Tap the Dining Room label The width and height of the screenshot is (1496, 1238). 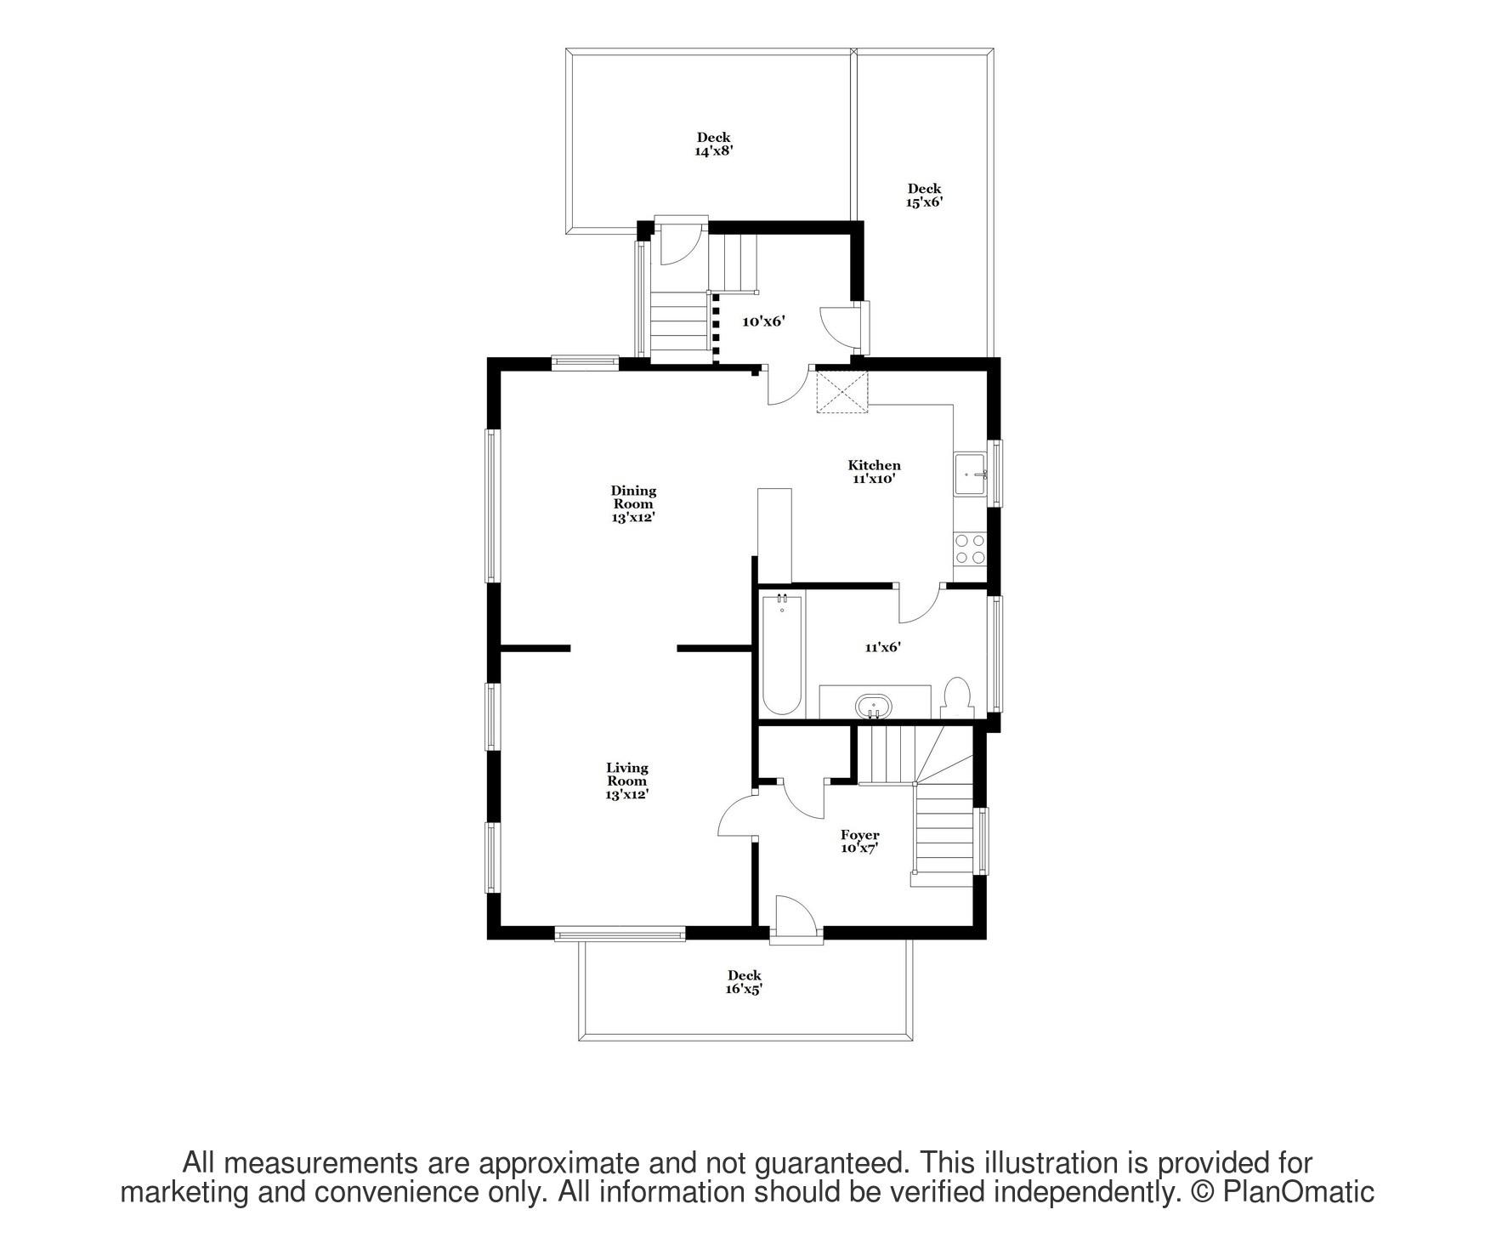pos(633,503)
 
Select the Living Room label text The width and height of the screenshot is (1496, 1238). pos(627,781)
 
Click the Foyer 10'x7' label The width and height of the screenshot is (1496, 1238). pos(859,841)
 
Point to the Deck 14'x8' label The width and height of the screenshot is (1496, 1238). pos(713,144)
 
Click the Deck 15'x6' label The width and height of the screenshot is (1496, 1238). pos(924,196)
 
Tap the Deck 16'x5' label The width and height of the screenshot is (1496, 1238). pos(744,982)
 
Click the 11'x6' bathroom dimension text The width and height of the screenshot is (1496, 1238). pos(882,647)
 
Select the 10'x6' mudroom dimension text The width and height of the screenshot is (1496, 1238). pos(762,321)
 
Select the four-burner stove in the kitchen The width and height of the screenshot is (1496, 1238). pos(970,548)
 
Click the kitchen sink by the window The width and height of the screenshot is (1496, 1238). pos(970,474)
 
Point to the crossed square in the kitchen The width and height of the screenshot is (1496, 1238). pos(842,391)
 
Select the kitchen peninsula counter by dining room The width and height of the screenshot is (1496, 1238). pos(774,534)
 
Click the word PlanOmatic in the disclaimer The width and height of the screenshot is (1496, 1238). pos(1298,1192)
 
